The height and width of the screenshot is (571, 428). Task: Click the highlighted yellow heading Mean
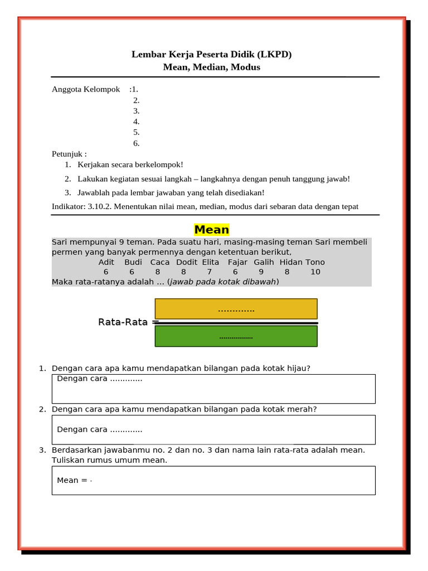click(212, 230)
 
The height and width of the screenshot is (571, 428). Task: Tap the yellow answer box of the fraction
click(236, 309)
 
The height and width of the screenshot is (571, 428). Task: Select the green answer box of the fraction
click(236, 336)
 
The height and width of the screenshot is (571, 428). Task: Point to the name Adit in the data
click(106, 262)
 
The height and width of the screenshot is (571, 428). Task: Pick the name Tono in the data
click(315, 262)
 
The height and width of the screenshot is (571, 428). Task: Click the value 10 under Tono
click(315, 272)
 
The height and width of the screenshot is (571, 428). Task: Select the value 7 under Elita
click(210, 272)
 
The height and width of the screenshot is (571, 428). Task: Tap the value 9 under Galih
click(261, 272)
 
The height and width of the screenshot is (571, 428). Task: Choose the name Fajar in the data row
click(237, 262)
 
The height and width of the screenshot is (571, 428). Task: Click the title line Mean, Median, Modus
click(211, 67)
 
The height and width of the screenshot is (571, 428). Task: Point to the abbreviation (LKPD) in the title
click(274, 54)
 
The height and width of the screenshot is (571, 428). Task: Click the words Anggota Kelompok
click(86, 89)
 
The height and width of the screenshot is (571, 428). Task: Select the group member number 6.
click(136, 143)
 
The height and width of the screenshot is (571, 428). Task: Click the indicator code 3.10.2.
click(100, 207)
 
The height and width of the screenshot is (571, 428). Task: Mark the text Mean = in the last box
click(72, 480)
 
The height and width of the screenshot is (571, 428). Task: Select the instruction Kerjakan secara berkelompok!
click(130, 164)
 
